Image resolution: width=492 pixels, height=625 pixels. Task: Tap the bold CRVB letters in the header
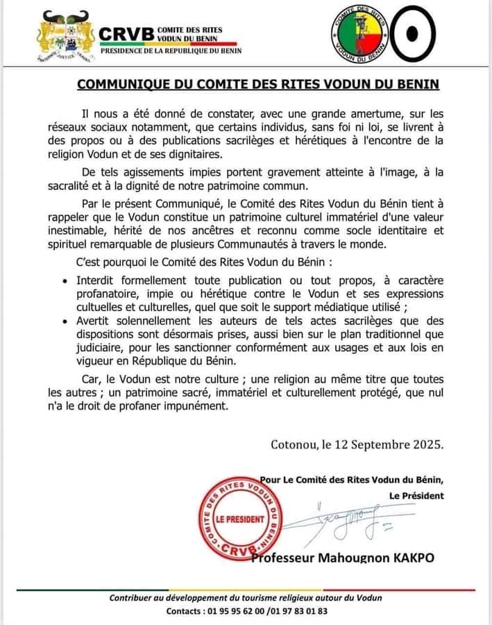124,33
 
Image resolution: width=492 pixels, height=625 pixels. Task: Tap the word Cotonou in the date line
295,444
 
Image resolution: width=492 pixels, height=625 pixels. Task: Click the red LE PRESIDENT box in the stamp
240,519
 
